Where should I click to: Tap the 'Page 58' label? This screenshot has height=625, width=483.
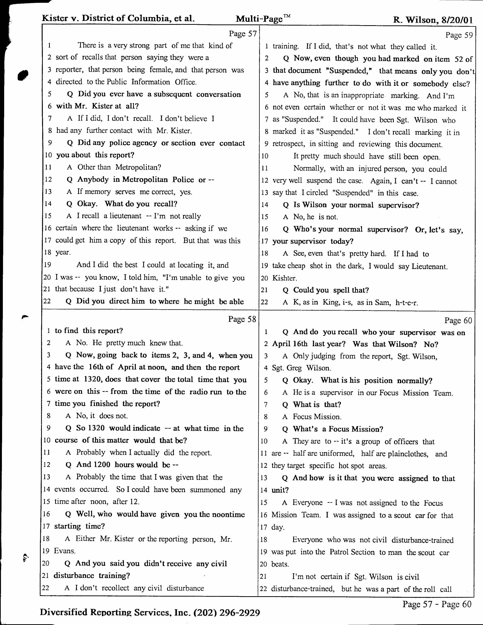pyautogui.click(x=242, y=319)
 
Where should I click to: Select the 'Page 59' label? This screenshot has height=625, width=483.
pyautogui.click(x=459, y=35)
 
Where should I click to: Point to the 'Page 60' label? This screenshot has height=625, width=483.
pyautogui.click(x=458, y=320)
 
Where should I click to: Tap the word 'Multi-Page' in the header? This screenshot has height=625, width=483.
pyautogui.click(x=259, y=19)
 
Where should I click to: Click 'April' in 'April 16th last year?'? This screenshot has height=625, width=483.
pyautogui.click(x=281, y=344)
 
